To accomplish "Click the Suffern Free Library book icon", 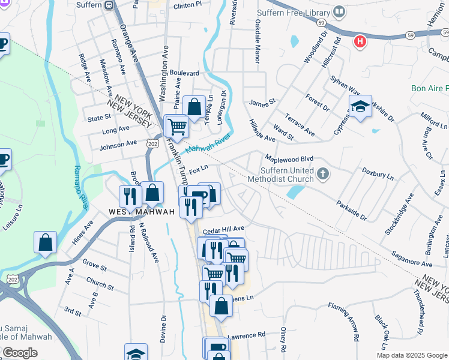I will [x=339, y=12].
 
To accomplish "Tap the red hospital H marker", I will [x=360, y=41].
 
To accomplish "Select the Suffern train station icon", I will [x=108, y=5].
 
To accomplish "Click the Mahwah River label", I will [x=208, y=145].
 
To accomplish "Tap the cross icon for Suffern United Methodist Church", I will [x=323, y=174].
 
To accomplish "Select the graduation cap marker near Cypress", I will [x=360, y=106].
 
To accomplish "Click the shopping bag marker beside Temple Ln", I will [x=194, y=108].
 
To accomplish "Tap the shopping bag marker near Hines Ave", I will [x=45, y=243].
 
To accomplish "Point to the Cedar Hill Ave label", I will [x=223, y=229].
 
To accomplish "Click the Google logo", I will [x=20, y=353].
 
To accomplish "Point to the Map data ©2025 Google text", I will [x=411, y=355].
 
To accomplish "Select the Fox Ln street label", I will [x=198, y=171].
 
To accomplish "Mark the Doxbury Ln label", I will [x=378, y=173].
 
